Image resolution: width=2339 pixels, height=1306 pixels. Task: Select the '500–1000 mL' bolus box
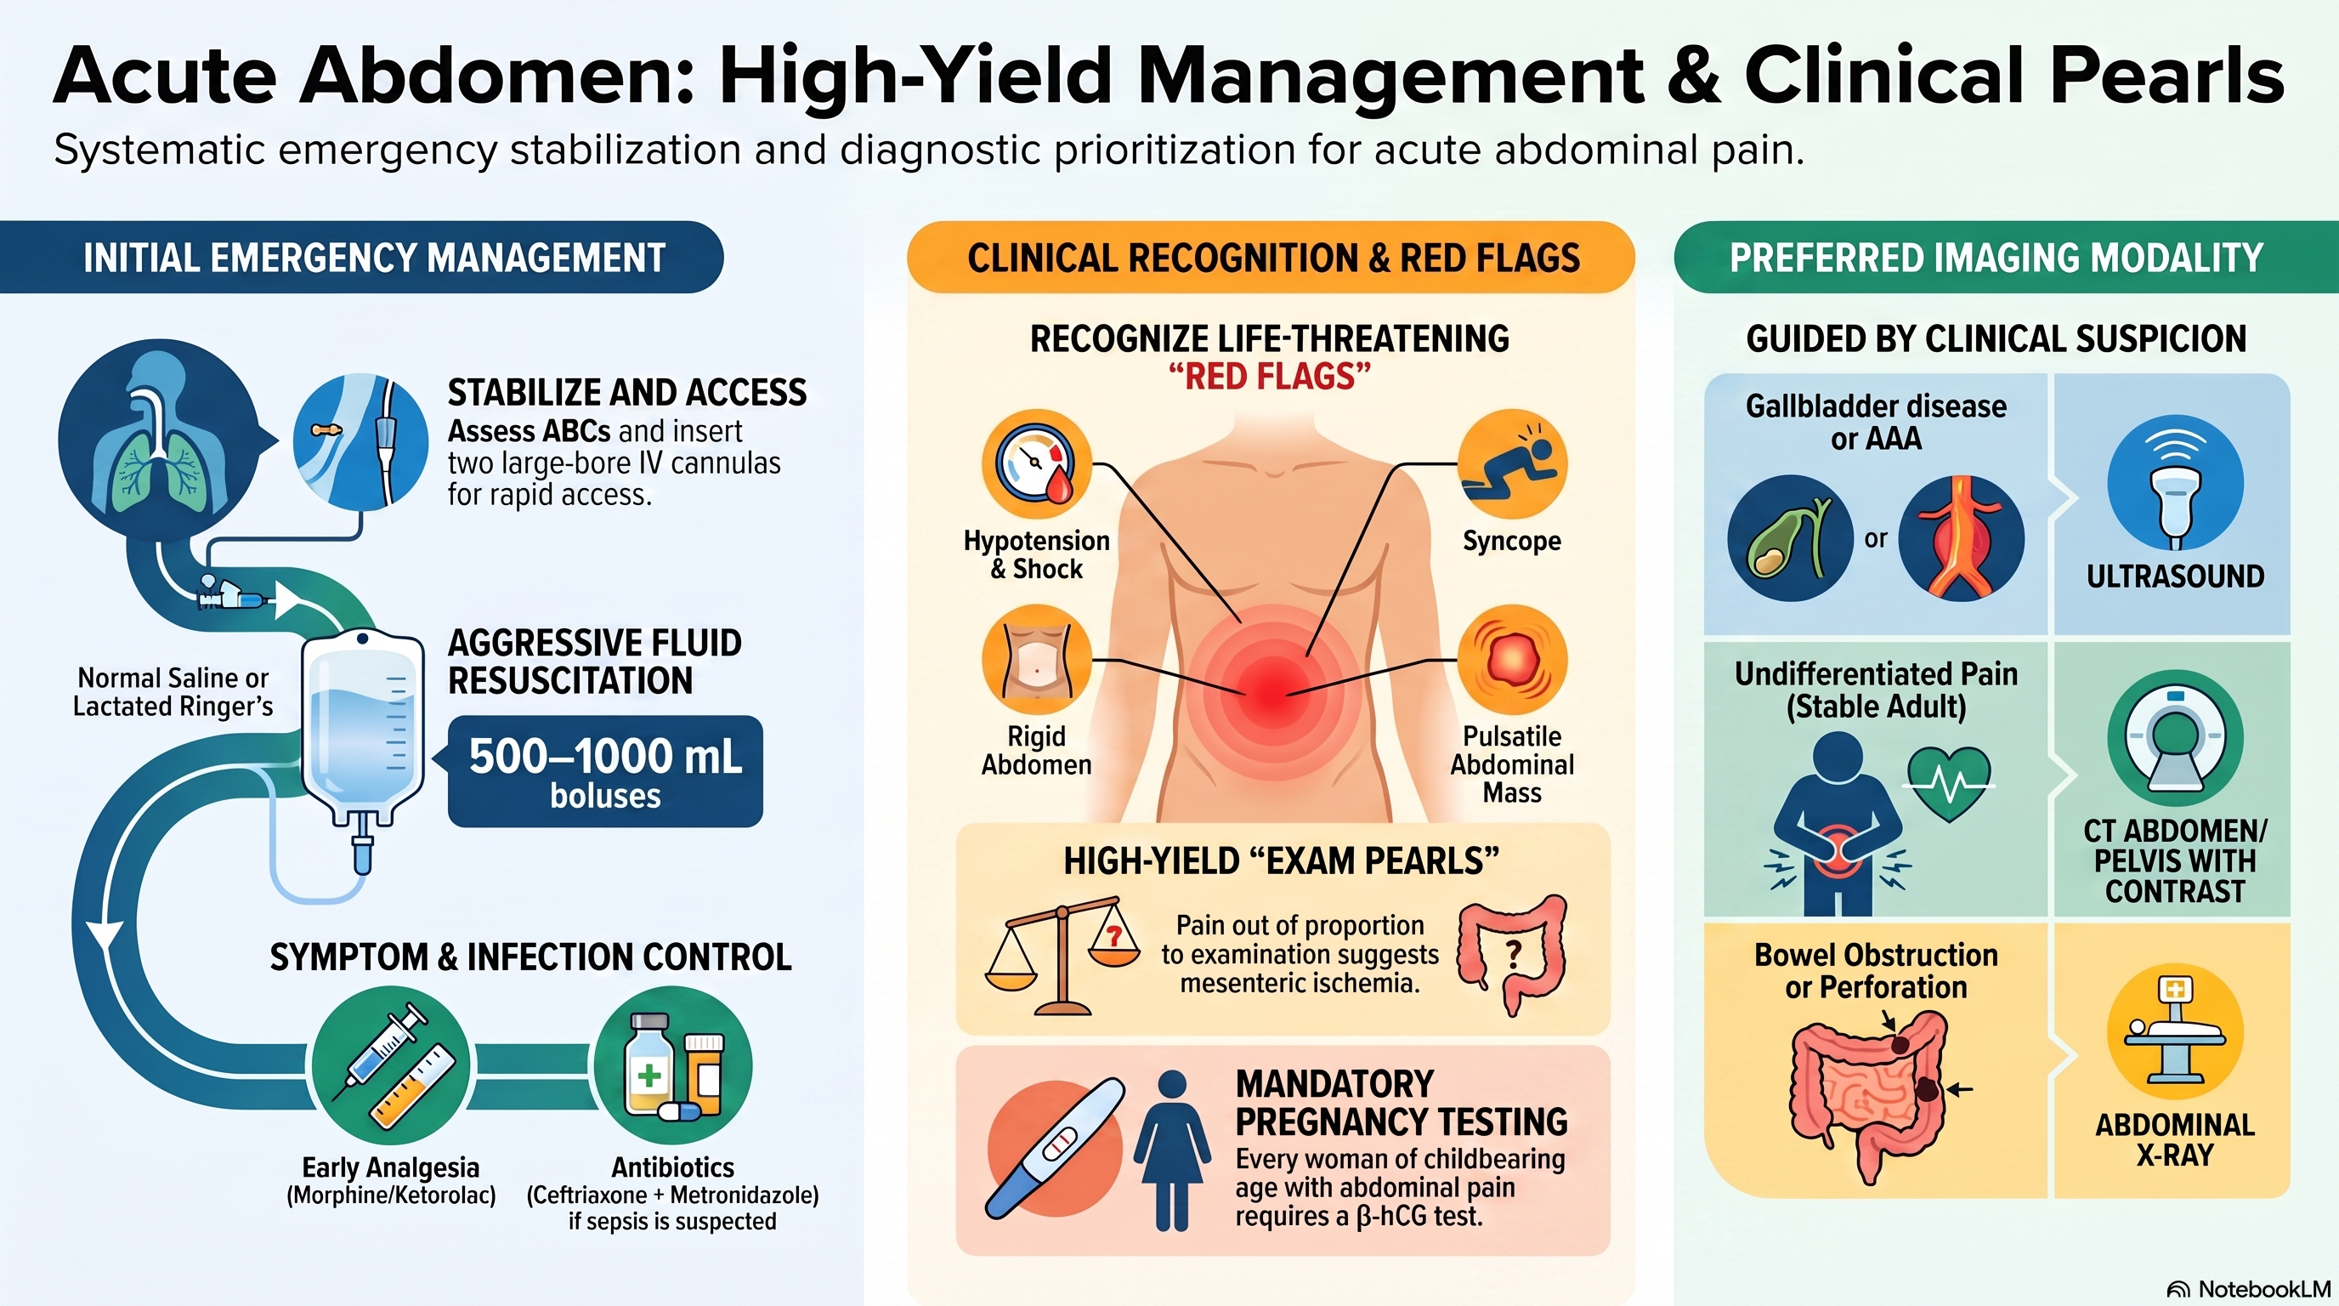coord(606,771)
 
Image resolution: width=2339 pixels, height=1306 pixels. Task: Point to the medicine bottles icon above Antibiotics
coord(673,1066)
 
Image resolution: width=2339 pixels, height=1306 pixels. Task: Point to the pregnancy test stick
coord(1056,1148)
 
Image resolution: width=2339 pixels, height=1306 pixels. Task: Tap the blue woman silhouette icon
coord(1172,1150)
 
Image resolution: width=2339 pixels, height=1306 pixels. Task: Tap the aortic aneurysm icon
coord(1962,538)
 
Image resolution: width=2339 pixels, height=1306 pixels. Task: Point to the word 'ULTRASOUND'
coord(2176,576)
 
